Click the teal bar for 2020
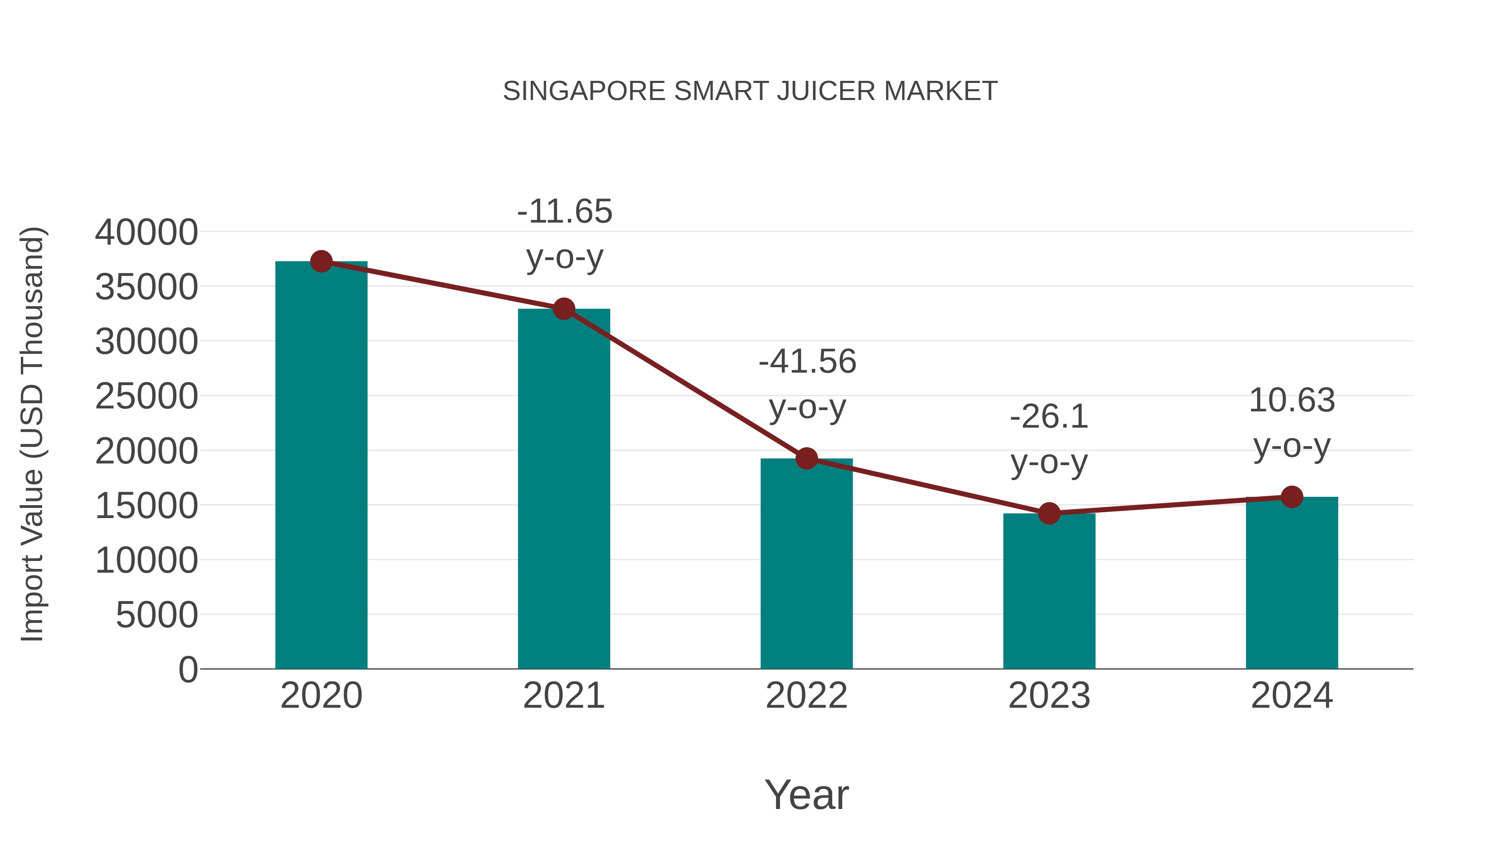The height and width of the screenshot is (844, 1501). (x=321, y=466)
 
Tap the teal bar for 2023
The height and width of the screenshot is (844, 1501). (x=1049, y=591)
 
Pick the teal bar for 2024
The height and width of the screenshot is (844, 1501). (x=1292, y=583)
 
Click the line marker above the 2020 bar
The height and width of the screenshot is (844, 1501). (x=321, y=261)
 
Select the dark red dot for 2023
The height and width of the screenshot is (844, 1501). (x=1049, y=513)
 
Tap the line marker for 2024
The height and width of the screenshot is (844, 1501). (x=1292, y=497)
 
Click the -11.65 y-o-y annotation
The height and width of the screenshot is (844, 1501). (x=564, y=234)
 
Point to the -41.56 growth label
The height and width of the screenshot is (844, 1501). (x=807, y=384)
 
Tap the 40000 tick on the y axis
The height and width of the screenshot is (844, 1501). (x=146, y=233)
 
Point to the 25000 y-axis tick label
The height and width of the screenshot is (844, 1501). (x=146, y=397)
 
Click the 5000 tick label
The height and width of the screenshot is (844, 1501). (x=157, y=615)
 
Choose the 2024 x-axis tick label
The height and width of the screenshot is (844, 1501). (x=1292, y=696)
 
